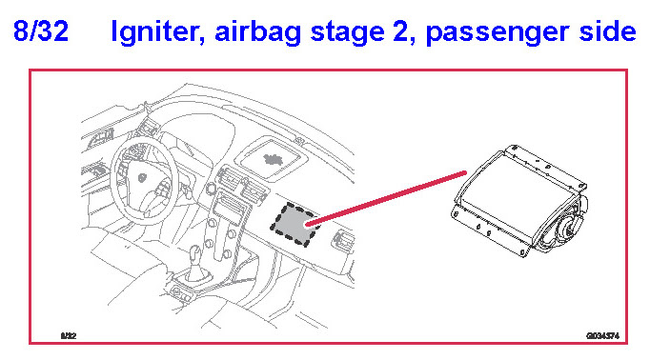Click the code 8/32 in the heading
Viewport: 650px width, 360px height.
pyautogui.click(x=41, y=30)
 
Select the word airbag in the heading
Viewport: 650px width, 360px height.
pyautogui.click(x=258, y=32)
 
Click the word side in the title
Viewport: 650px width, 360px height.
pyautogui.click(x=607, y=30)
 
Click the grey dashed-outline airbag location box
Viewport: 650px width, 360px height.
pyautogui.click(x=294, y=225)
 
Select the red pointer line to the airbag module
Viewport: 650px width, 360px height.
pyautogui.click(x=387, y=198)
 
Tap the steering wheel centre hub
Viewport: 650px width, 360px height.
pyautogui.click(x=142, y=178)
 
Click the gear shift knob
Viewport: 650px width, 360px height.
pyautogui.click(x=194, y=253)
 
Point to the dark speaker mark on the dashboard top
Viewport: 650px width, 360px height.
pyautogui.click(x=273, y=159)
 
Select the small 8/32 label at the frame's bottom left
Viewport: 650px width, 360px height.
pyautogui.click(x=69, y=335)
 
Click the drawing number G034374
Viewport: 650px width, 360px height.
pyautogui.click(x=602, y=335)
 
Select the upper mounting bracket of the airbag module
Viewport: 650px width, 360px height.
pyautogui.click(x=547, y=167)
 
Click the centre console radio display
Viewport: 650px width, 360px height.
pyautogui.click(x=228, y=206)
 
